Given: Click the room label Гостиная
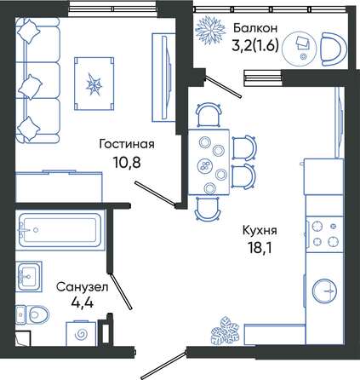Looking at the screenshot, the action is (x=127, y=144).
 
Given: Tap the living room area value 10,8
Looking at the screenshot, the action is (x=127, y=163).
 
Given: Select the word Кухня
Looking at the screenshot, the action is (x=260, y=231).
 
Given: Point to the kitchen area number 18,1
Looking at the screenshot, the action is (x=260, y=248).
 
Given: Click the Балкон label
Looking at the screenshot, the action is (x=255, y=28).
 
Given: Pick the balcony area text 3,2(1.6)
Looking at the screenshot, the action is (x=255, y=45).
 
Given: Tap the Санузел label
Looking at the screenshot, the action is (x=83, y=287).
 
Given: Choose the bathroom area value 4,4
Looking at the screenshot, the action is (x=83, y=302).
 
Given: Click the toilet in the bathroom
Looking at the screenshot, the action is (x=31, y=314).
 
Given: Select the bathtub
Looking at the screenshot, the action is (x=60, y=230).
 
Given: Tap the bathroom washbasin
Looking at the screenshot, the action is (x=29, y=277).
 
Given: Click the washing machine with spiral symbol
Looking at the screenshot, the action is (x=81, y=334).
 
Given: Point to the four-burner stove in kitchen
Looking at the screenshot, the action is (x=325, y=234).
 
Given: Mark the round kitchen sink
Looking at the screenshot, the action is (x=325, y=291).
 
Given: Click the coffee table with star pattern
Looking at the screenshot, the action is (x=94, y=83).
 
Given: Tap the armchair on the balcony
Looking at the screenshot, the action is (x=334, y=49).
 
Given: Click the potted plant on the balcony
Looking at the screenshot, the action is (x=210, y=31).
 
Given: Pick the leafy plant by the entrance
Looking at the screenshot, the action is (x=226, y=331).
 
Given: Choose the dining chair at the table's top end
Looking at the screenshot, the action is (x=209, y=114).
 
